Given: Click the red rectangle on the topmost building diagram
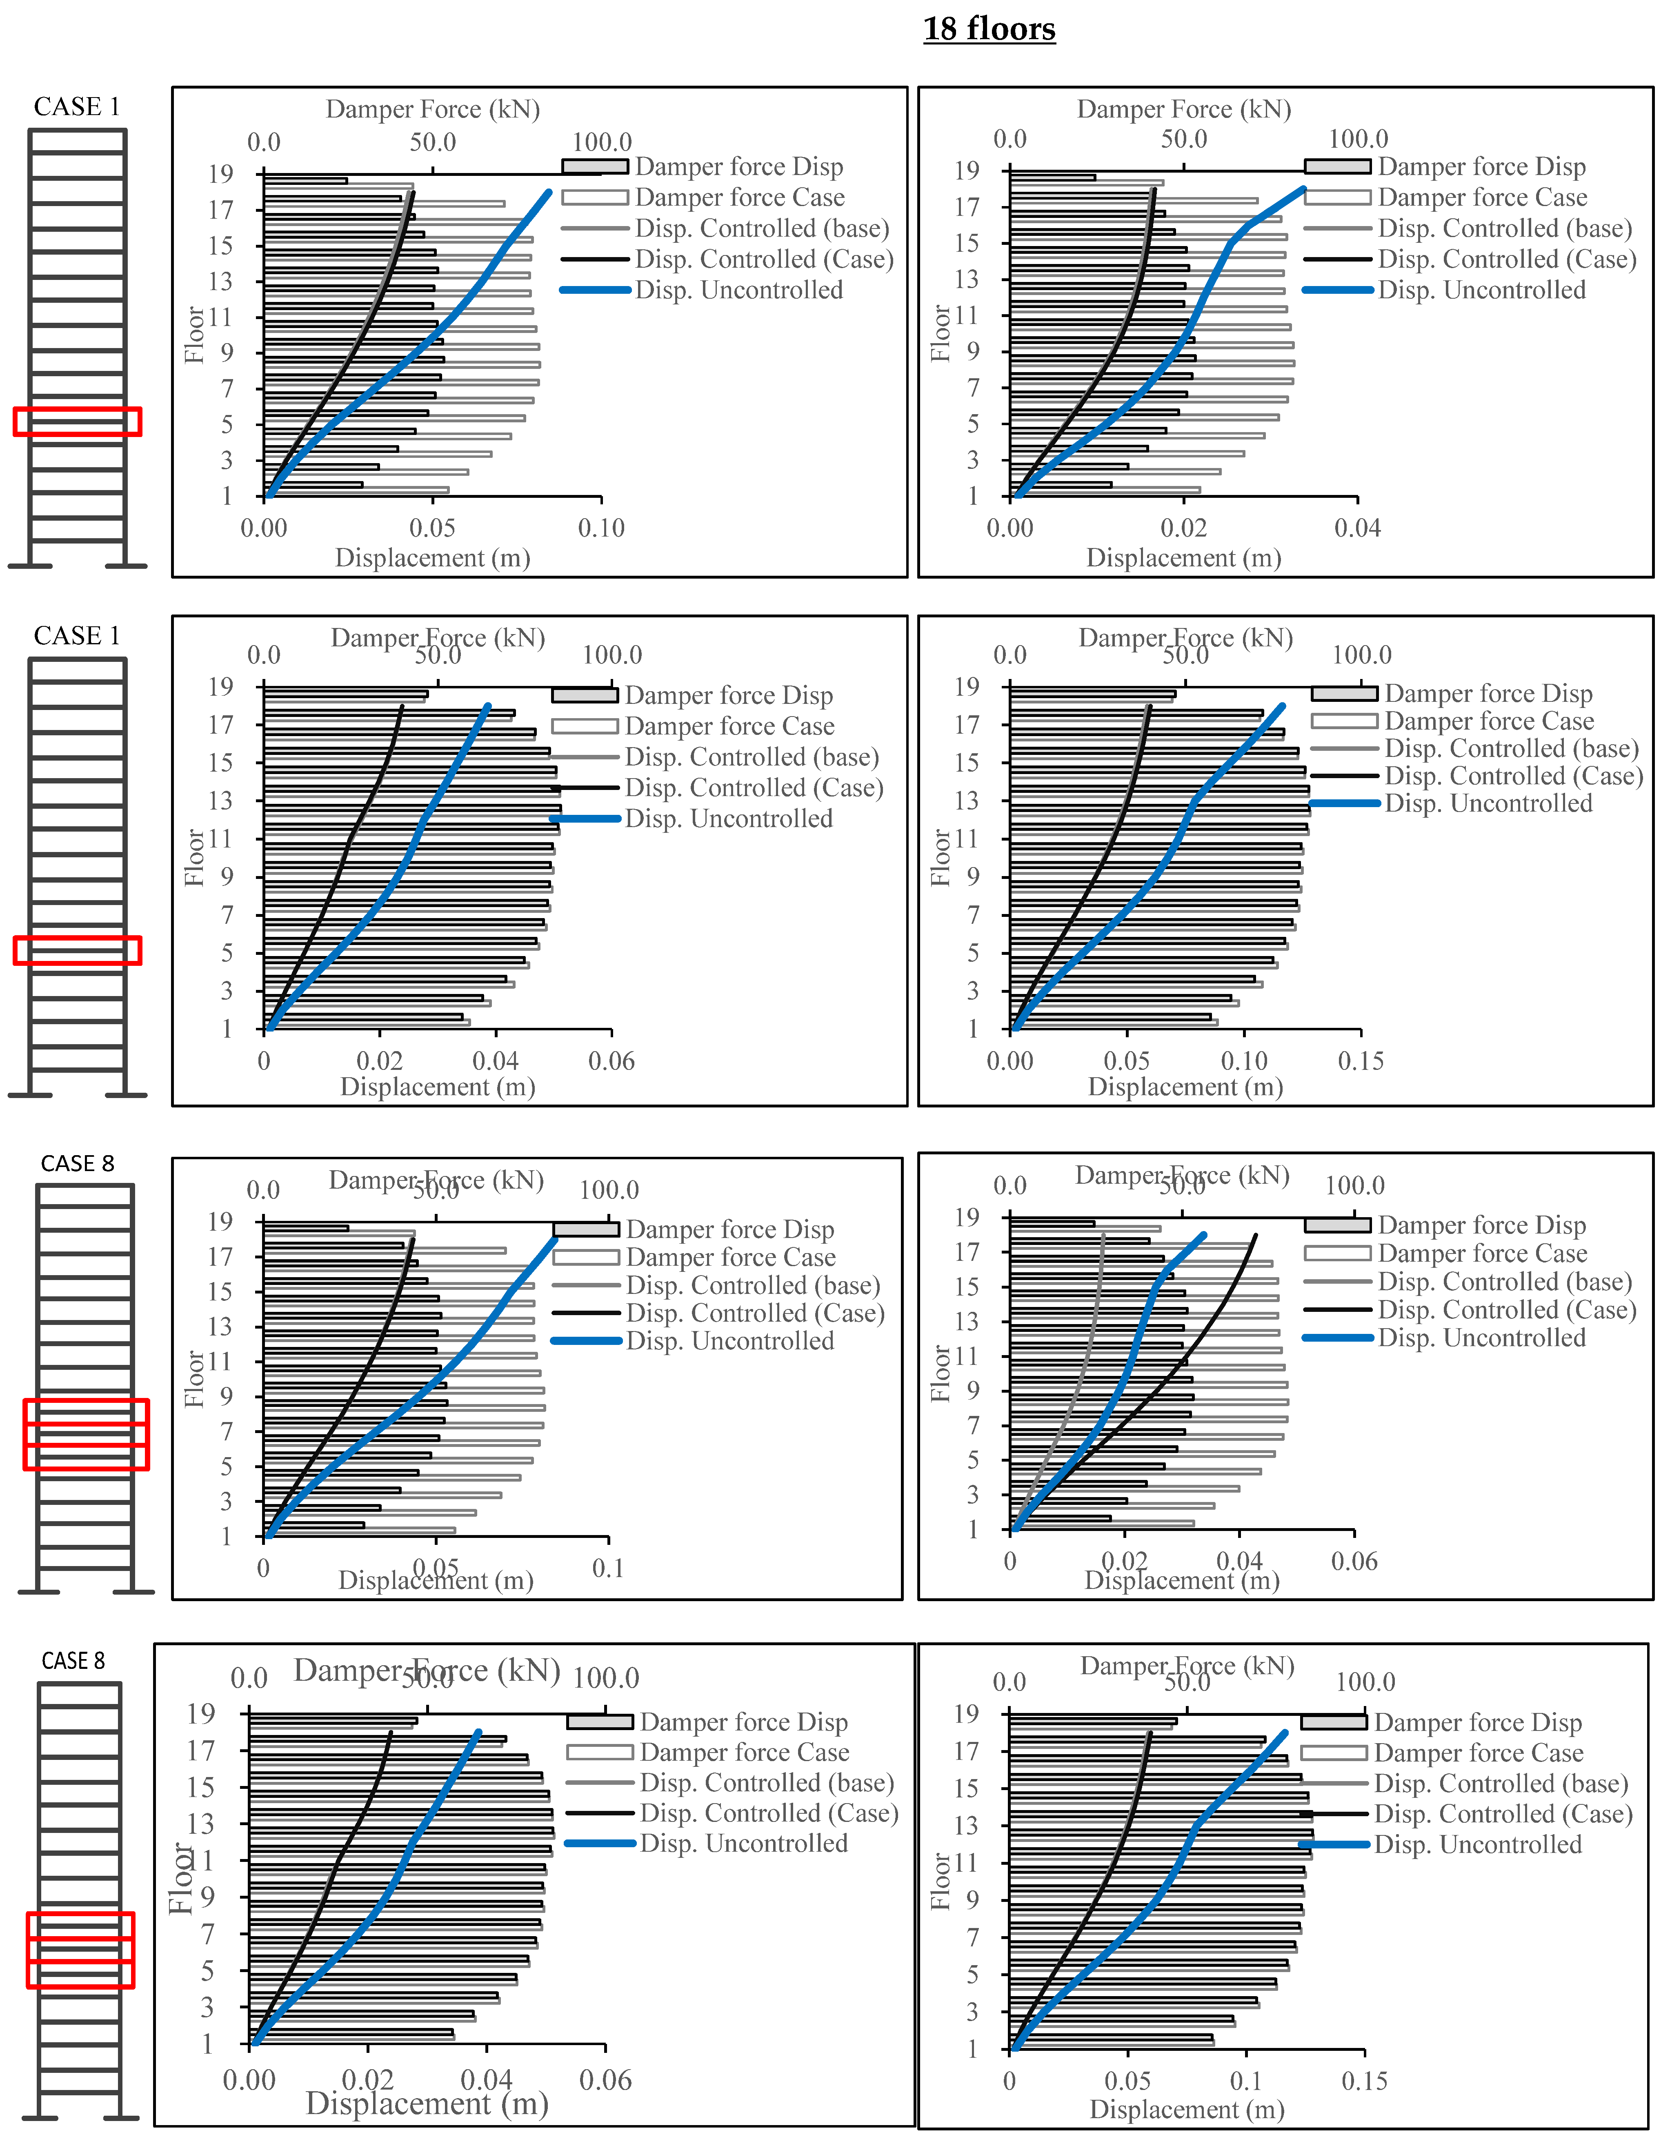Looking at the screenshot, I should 78,422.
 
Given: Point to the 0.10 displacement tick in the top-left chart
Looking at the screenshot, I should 601,528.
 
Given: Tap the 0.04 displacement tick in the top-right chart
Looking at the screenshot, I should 1357,528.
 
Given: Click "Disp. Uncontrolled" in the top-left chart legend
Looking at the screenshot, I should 738,290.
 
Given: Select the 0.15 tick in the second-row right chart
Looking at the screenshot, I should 1361,1061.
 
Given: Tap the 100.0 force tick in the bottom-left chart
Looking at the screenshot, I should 606,1678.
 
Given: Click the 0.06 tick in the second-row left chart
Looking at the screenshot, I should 611,1061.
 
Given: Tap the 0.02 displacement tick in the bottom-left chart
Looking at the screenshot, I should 368,2080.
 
